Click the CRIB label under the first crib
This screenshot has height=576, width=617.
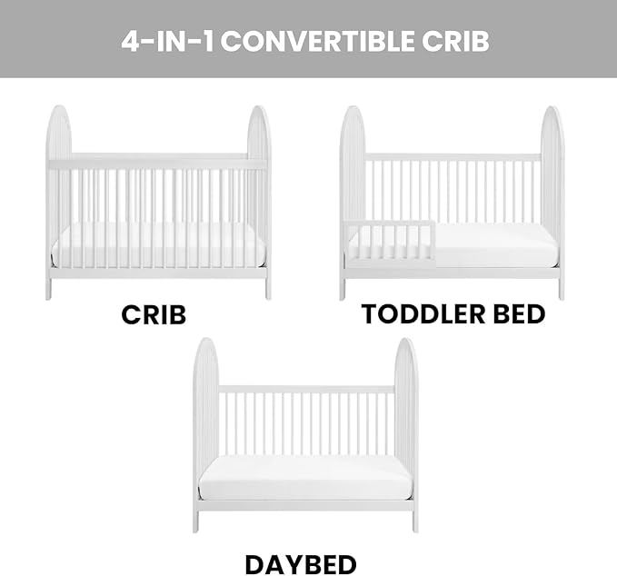click(154, 314)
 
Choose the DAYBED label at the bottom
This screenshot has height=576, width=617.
click(301, 564)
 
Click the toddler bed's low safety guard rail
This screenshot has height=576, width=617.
click(391, 224)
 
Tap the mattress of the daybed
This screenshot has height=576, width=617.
click(305, 475)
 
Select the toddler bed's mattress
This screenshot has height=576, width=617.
click(495, 246)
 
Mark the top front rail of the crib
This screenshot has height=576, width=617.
click(159, 164)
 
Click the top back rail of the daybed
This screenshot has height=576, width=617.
click(305, 389)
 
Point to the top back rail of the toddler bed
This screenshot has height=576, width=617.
click(452, 157)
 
